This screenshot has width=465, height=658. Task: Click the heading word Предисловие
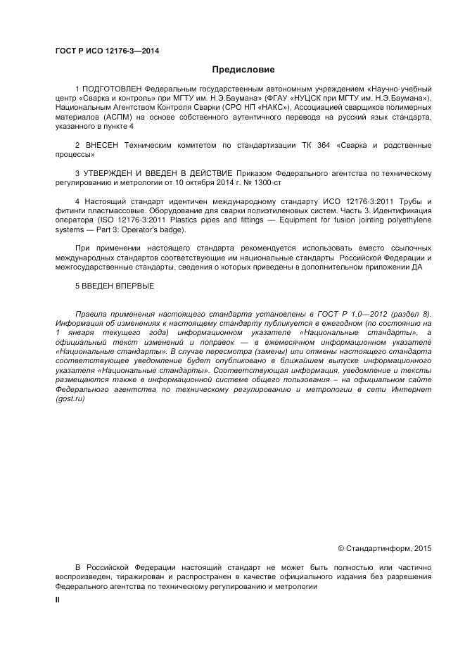(x=243, y=70)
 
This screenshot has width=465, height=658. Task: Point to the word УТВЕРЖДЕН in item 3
(x=108, y=172)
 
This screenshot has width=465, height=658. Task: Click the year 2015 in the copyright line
(x=423, y=548)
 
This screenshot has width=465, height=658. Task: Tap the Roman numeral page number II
(x=58, y=600)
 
